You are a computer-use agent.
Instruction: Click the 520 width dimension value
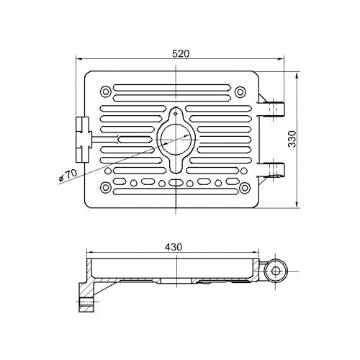[181, 54]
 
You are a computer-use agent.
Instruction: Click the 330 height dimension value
[292, 139]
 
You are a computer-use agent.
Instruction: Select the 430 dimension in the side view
[174, 247]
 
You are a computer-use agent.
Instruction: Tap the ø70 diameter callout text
[68, 175]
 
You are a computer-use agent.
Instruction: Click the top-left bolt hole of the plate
[105, 91]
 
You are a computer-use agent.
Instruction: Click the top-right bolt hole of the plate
[240, 92]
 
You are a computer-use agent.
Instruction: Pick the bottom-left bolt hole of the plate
[105, 187]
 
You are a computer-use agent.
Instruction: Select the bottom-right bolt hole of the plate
[245, 188]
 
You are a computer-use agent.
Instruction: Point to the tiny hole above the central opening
[176, 114]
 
